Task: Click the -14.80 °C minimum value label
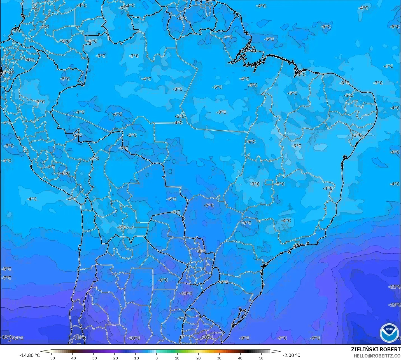pos(29,355)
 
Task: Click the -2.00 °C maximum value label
pos(291,355)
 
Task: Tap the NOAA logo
pos(389,333)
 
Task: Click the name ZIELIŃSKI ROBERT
pos(376,349)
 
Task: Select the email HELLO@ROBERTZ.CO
pos(377,356)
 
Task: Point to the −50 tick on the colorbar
pos(52,358)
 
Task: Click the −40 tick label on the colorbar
pos(73,358)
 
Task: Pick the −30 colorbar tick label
pos(94,358)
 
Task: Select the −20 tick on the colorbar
pos(115,358)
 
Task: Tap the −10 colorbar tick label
pos(136,358)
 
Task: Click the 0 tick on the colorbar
pos(156,358)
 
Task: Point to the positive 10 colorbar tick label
pos(177,358)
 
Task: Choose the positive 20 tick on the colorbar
pos(198,358)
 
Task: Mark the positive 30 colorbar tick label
pos(219,358)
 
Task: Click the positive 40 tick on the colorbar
pos(240,358)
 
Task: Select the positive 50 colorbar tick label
pos(261,358)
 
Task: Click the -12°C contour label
pos(6,337)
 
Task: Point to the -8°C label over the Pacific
pos(6,269)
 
